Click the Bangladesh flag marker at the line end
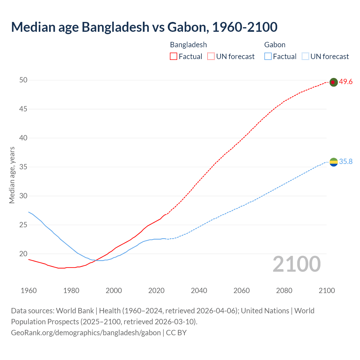pos(333,82)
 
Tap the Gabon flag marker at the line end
pos(333,162)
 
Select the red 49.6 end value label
pos(346,82)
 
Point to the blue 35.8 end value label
pos(346,162)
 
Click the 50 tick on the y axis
pos(23,80)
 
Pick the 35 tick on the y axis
pos(23,167)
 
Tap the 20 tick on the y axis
pos(23,254)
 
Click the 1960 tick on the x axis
pos(29,291)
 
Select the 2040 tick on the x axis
pos(199,291)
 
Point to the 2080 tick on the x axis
pos(284,291)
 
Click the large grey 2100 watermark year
pos(296,264)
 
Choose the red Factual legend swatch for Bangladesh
pos(174,57)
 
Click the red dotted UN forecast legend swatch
pos(211,57)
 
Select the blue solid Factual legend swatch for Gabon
pos(268,57)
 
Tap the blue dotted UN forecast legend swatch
pos(305,57)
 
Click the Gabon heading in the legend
pos(275,45)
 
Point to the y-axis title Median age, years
pos(12,175)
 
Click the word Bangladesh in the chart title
pos(115,27)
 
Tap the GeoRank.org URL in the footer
pos(86,333)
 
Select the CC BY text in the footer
pos(176,333)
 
